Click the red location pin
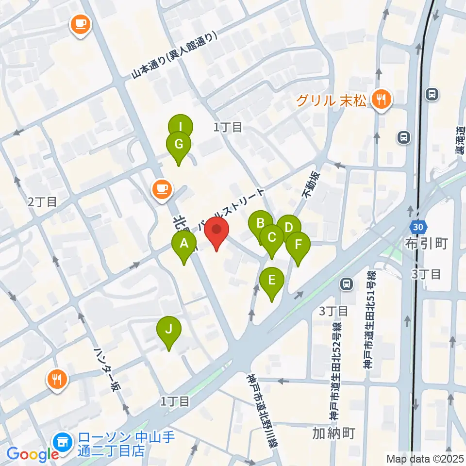coord(216,232)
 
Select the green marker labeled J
coord(168,331)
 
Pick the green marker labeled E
coord(272,281)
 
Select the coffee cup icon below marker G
coord(162,189)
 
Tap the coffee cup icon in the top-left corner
coord(81,24)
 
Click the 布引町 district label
coord(426,243)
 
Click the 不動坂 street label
coord(311,184)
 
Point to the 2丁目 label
coord(42,202)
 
